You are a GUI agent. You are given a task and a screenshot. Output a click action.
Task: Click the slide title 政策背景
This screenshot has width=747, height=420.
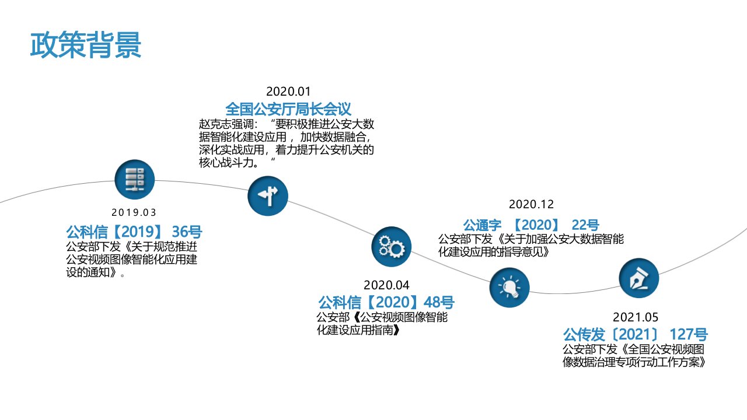click(x=86, y=45)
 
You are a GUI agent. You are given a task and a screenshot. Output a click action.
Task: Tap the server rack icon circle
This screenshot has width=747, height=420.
click(x=135, y=180)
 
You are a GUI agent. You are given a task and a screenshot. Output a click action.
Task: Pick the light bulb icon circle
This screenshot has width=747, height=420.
click(x=509, y=286)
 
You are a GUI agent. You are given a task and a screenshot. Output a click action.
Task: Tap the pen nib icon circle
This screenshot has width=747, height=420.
click(x=638, y=279)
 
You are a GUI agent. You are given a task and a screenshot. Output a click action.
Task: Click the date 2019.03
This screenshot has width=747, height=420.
click(x=134, y=213)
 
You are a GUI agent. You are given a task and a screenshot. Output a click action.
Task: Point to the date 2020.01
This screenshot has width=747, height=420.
click(x=288, y=92)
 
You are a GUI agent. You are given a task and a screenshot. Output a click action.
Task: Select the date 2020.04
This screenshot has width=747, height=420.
click(x=386, y=285)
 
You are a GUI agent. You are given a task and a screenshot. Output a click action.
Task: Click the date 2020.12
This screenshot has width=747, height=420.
click(x=531, y=204)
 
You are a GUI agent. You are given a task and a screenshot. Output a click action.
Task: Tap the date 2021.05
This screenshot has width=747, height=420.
click(x=635, y=317)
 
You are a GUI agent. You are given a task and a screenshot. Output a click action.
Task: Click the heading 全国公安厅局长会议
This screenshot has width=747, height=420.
click(x=288, y=108)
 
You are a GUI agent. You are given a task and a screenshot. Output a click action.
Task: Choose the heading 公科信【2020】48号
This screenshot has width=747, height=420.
click(x=386, y=303)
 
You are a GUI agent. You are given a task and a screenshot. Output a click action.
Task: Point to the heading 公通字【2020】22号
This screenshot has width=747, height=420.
click(x=531, y=225)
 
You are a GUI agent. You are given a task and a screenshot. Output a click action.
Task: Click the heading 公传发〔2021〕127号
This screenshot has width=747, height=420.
click(x=635, y=335)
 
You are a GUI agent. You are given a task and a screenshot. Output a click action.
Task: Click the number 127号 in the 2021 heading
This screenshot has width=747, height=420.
click(x=688, y=335)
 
